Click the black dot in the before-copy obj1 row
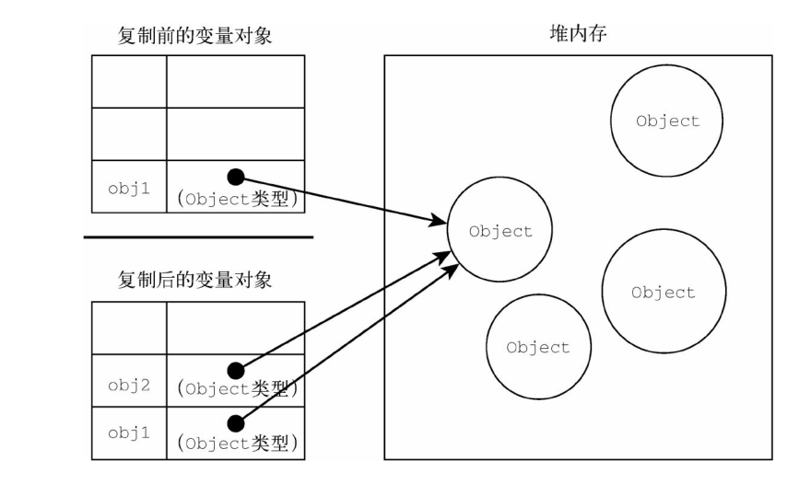tap(236, 176)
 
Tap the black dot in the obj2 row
tap(236, 370)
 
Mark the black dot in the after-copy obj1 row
tap(236, 422)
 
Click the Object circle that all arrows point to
tap(500, 231)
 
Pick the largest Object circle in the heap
tap(663, 292)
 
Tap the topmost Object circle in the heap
tap(667, 121)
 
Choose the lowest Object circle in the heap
tap(538, 348)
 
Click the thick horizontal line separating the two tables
tap(198, 237)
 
